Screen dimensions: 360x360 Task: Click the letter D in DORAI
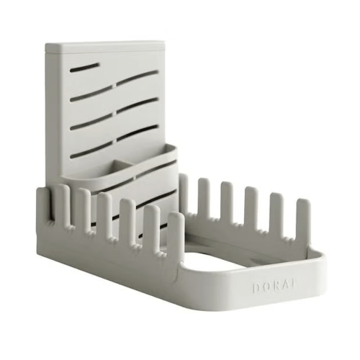click(x=256, y=287)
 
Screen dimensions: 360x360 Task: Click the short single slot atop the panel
click(x=86, y=66)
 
